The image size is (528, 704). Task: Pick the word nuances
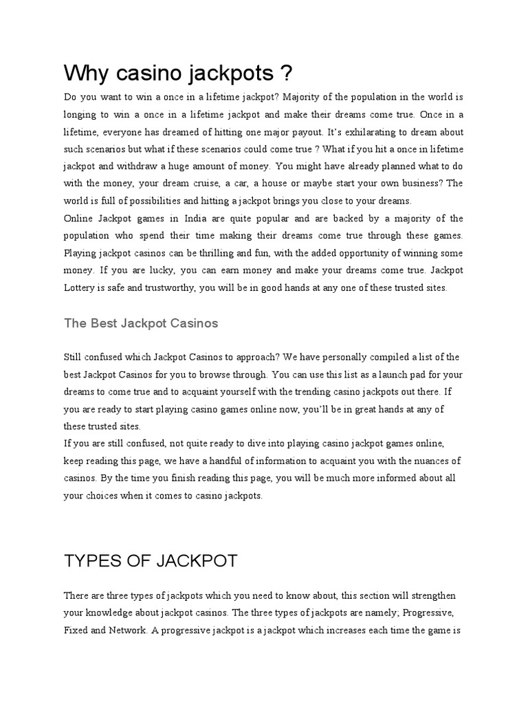point(416,460)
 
